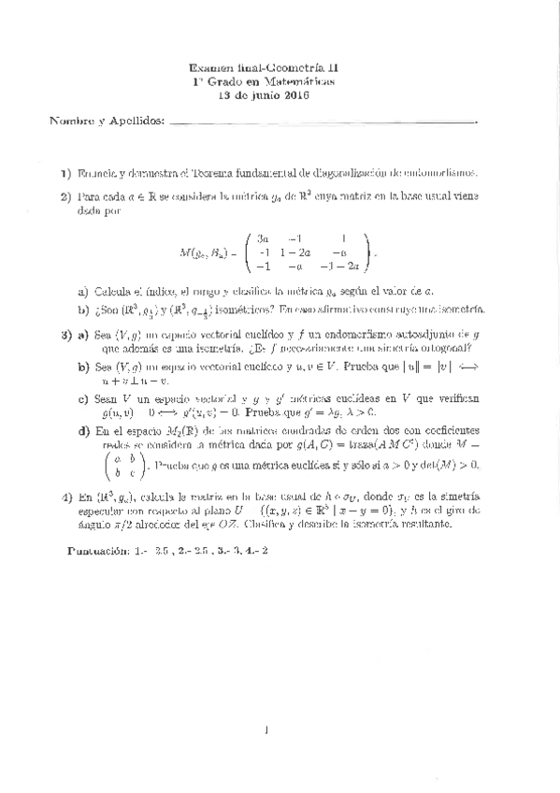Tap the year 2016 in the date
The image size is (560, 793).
tap(295, 95)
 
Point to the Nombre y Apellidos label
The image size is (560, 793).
tap(105, 121)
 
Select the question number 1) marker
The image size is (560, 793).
tap(66, 173)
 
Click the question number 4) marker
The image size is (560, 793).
tap(65, 497)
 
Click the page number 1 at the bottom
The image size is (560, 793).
tap(266, 730)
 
